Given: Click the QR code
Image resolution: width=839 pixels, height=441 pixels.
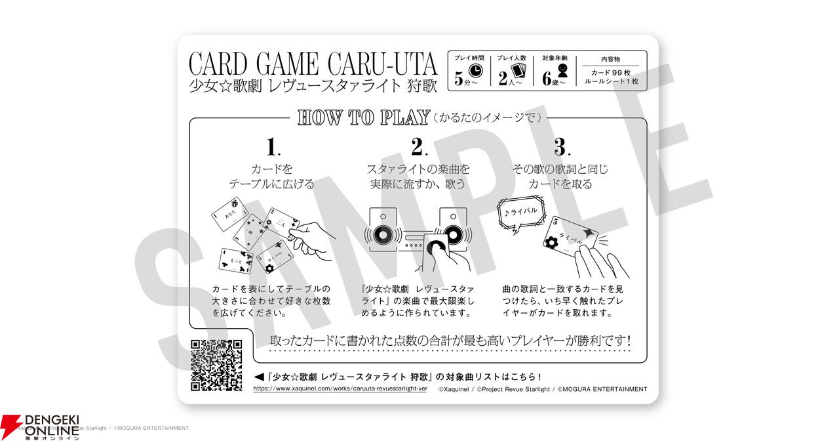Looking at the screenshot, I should [216, 366].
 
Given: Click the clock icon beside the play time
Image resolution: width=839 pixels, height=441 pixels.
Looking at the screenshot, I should [477, 71].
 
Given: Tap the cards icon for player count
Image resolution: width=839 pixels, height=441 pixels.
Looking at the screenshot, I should [519, 71].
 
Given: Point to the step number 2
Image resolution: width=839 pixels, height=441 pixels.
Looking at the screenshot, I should [418, 146].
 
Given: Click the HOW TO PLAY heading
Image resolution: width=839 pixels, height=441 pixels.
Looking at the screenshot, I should [363, 117].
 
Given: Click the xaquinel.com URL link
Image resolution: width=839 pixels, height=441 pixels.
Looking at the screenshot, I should [340, 388].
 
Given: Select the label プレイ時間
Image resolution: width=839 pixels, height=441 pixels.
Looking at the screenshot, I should [469, 58].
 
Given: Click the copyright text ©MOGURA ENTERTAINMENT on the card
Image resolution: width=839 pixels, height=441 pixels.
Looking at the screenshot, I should [602, 389].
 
